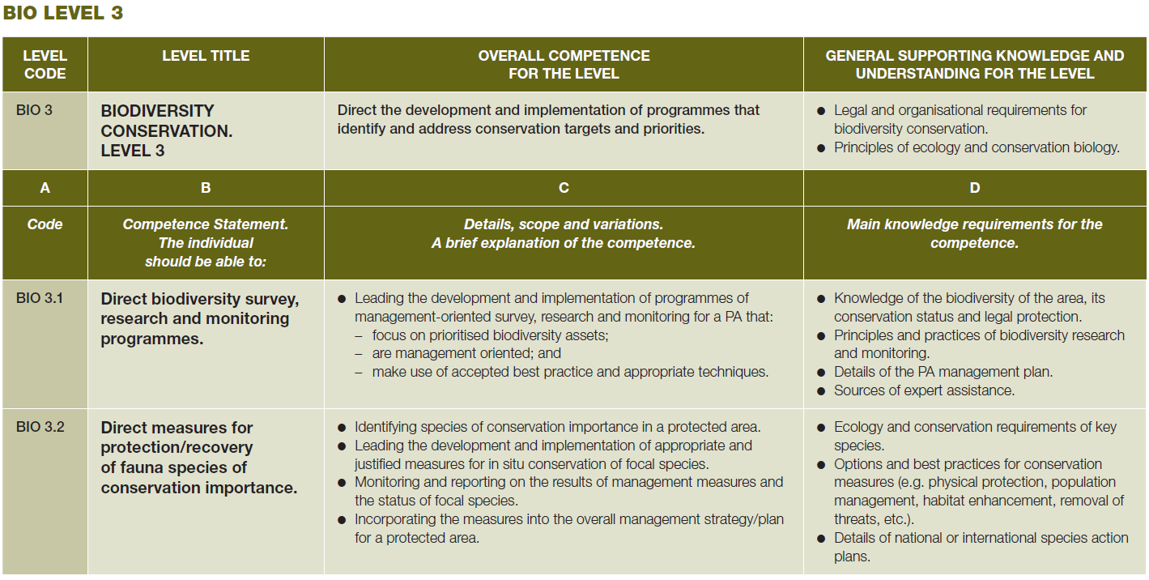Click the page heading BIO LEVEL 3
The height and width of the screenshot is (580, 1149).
pos(63,13)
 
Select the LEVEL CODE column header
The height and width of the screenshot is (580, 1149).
pos(45,65)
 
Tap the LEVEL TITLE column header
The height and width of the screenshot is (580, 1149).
pos(206,55)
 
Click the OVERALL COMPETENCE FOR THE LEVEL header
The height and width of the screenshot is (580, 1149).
pos(564,65)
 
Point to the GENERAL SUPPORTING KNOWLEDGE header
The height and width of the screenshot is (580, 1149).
pos(975,65)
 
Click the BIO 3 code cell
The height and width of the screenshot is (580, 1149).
pos(34,110)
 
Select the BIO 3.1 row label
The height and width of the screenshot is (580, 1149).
pos(40,298)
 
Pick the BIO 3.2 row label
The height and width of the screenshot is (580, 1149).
pos(40,427)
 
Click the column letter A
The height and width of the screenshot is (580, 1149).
pos(45,188)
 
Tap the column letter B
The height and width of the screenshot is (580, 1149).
pos(206,188)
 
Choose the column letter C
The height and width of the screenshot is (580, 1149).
pos(564,188)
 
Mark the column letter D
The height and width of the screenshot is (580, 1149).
pos(975,188)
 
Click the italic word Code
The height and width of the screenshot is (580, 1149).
pos(45,224)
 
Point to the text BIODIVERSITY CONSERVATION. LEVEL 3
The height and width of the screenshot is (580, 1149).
pos(166,130)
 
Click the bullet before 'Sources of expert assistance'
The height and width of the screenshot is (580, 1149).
pos(821,391)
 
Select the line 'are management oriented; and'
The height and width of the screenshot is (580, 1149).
pos(466,353)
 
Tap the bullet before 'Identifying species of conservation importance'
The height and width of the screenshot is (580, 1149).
pos(343,428)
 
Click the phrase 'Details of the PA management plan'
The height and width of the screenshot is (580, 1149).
pos(943,372)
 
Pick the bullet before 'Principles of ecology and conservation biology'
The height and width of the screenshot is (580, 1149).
pos(821,148)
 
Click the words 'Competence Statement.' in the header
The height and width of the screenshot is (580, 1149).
pos(205,224)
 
